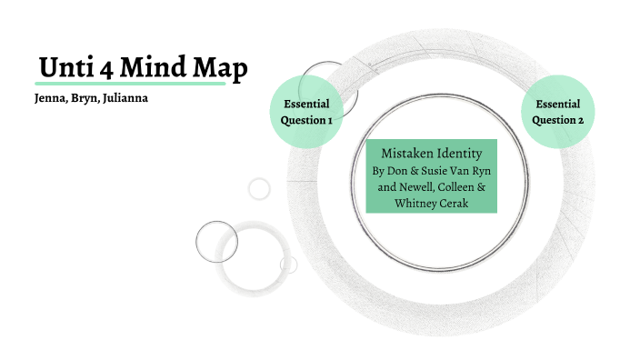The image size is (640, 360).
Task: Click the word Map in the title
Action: click(222, 68)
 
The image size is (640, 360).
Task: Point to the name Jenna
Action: click(46, 98)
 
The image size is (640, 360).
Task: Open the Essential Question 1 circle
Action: click(306, 112)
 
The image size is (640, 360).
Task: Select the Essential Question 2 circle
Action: click(557, 112)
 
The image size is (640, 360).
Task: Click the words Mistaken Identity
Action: click(431, 153)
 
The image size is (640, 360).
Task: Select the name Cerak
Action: click(453, 203)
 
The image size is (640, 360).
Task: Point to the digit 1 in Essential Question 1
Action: click(329, 120)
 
